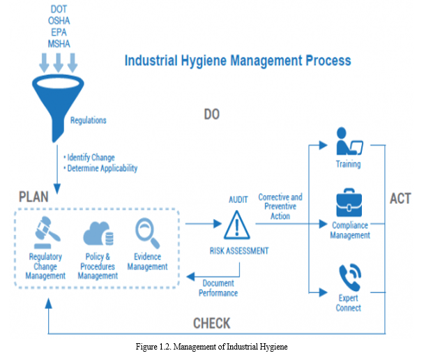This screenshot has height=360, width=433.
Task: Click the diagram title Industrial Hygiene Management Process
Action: (237, 61)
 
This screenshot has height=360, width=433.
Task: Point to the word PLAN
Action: (33, 197)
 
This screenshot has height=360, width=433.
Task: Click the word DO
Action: (211, 114)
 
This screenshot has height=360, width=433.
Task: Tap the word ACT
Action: (400, 198)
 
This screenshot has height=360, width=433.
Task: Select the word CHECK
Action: (211, 324)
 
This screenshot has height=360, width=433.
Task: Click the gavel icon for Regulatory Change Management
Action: (45, 233)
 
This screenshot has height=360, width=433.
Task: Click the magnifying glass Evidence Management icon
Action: (147, 231)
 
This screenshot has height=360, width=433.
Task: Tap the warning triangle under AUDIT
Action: (237, 225)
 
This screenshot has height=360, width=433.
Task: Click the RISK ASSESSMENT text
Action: (238, 250)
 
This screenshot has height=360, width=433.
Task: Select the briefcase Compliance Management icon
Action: (350, 202)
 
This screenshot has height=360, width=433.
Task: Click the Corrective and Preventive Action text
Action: (280, 207)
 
